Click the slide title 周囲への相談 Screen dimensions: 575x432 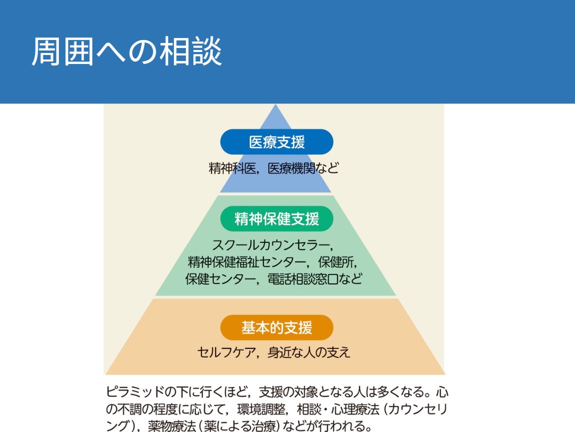pyautogui.click(x=127, y=51)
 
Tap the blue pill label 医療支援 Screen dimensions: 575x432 pyautogui.click(x=277, y=142)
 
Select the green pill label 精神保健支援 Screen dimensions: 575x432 pyautogui.click(x=277, y=219)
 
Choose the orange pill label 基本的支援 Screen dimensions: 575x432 pyautogui.click(x=277, y=327)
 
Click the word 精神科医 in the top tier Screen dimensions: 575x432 pyautogui.click(x=232, y=168)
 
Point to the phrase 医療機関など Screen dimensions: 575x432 pyautogui.click(x=303, y=168)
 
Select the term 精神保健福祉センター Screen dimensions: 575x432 pyautogui.click(x=247, y=262)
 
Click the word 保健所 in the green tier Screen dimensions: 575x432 pyautogui.click(x=336, y=262)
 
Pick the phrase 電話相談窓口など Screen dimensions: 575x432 pyautogui.click(x=315, y=279)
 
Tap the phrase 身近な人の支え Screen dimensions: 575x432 pyautogui.click(x=309, y=352)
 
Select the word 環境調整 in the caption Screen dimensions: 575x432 pyautogui.click(x=261, y=409)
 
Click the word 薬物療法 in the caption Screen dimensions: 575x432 pyautogui.click(x=172, y=426)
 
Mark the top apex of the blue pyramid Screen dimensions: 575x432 pyautogui.click(x=276, y=104)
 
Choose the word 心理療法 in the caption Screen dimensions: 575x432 pyautogui.click(x=355, y=409)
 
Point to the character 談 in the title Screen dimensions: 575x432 pyautogui.click(x=206, y=51)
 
